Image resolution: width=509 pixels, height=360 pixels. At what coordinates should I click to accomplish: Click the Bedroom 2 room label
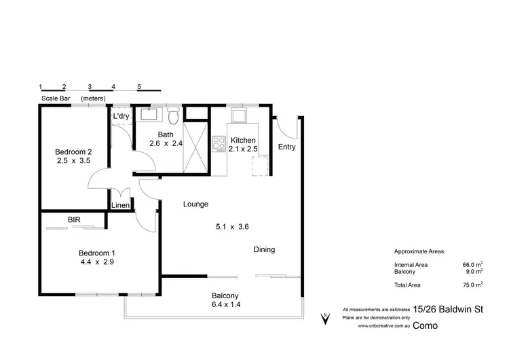[74, 151]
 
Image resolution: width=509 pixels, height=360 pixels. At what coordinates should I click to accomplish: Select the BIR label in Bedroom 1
[75, 220]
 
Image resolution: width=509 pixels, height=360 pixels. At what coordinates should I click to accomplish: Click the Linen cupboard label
[121, 205]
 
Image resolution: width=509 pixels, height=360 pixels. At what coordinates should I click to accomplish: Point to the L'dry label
[121, 116]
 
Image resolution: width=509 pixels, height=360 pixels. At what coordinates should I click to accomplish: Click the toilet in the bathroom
[174, 117]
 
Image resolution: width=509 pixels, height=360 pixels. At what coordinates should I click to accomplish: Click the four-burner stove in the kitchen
[219, 144]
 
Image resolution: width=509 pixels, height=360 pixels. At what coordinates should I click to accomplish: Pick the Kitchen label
[242, 140]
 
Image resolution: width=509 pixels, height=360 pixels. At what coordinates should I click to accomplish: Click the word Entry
[287, 147]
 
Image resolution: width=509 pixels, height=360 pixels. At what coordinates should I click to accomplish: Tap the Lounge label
[195, 204]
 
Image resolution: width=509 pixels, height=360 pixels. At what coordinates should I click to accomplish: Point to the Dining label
[264, 249]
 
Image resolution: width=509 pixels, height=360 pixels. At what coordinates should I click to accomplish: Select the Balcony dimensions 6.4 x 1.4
[225, 304]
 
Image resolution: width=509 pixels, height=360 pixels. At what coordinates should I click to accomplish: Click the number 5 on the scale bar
[139, 87]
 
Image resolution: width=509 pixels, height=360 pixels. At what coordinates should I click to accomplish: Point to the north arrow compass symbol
[325, 317]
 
